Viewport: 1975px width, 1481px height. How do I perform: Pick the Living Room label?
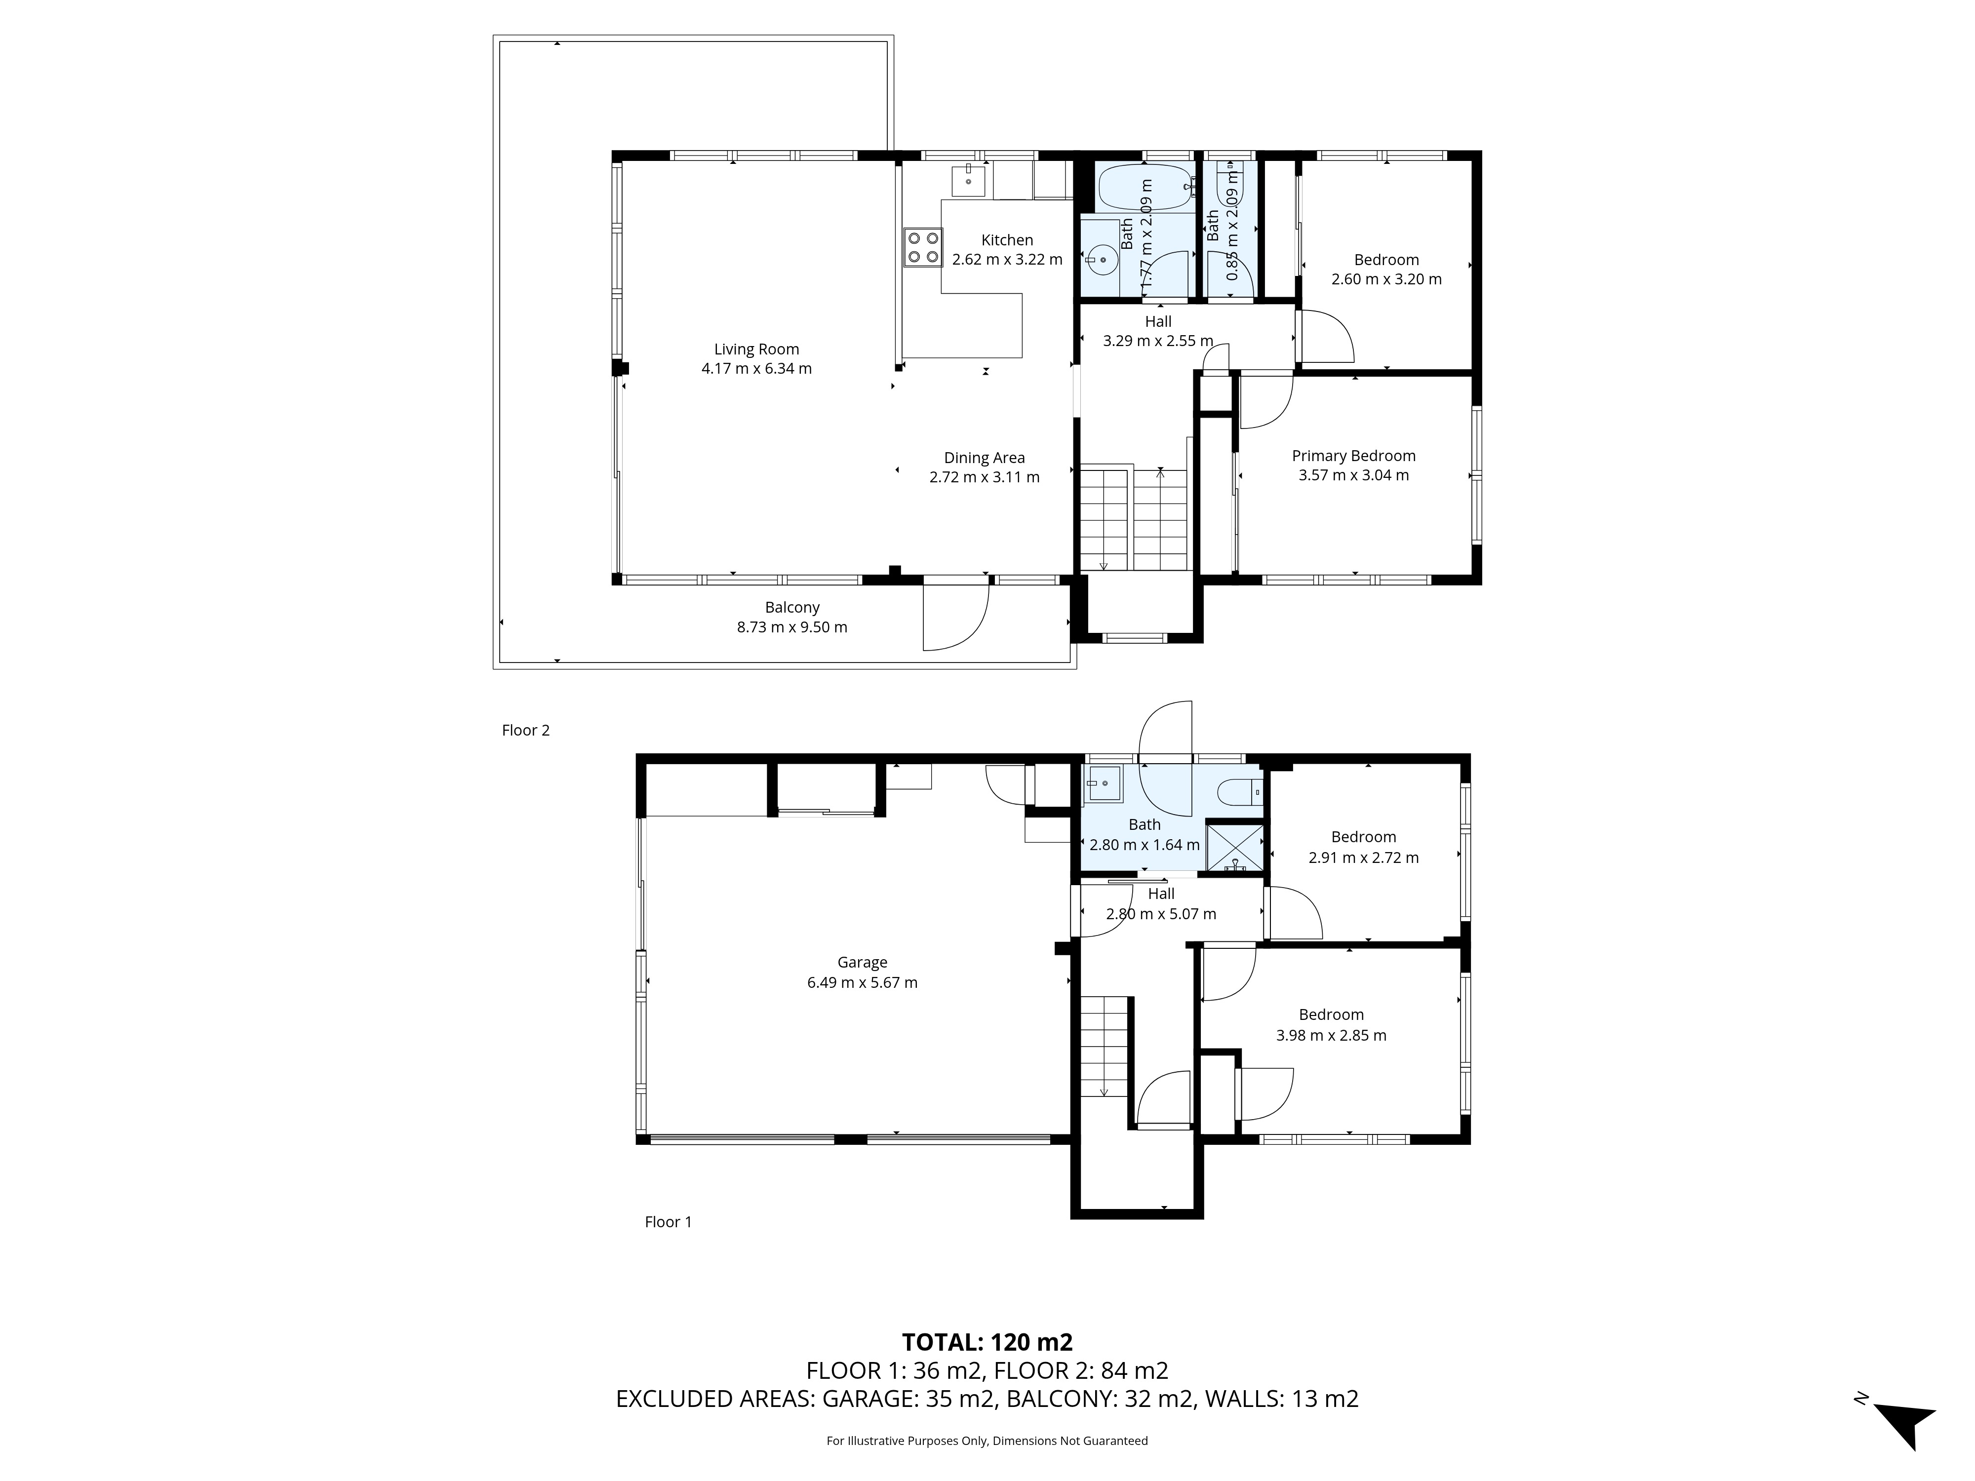point(756,349)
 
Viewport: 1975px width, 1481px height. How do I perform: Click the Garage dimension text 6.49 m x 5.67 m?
point(863,982)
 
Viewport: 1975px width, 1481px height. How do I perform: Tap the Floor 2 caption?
point(526,730)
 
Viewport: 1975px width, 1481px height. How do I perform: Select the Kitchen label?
point(1007,240)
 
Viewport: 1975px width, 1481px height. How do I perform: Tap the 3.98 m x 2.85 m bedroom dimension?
point(1331,1036)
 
